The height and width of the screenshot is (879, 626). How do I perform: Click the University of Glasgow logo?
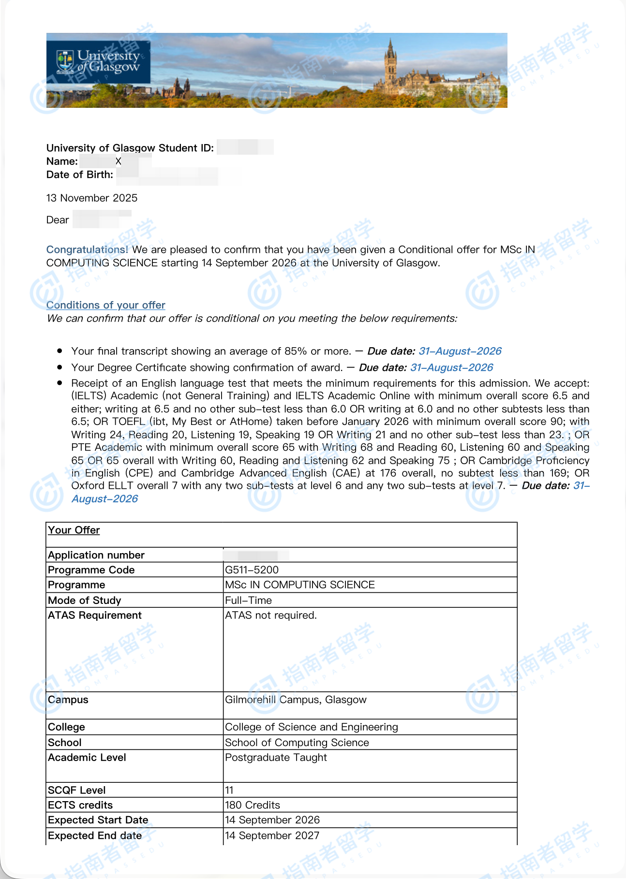tap(98, 62)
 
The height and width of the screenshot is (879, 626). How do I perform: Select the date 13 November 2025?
tap(92, 198)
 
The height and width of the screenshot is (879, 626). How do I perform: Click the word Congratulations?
tap(87, 250)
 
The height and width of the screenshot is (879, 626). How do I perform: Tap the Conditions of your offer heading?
tap(106, 306)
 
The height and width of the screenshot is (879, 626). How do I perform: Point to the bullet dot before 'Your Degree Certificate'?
tap(60, 367)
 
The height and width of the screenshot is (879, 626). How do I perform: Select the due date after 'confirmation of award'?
tap(451, 368)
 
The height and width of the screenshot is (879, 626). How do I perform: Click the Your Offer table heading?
tap(74, 530)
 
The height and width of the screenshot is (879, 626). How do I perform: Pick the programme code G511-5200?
tap(252, 570)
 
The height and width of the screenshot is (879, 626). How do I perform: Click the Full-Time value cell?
tap(249, 601)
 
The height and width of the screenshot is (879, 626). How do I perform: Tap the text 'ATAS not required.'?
tap(271, 615)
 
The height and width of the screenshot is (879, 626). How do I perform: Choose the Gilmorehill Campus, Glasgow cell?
tap(296, 700)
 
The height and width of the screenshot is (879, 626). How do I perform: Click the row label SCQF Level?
tap(77, 791)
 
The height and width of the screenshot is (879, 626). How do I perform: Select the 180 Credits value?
tap(253, 806)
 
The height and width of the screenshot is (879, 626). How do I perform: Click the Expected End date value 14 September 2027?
tap(272, 836)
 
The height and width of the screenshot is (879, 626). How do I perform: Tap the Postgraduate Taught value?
tap(276, 758)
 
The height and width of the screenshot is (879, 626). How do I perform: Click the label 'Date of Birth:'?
tap(80, 175)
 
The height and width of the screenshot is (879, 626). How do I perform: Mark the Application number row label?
tap(96, 556)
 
